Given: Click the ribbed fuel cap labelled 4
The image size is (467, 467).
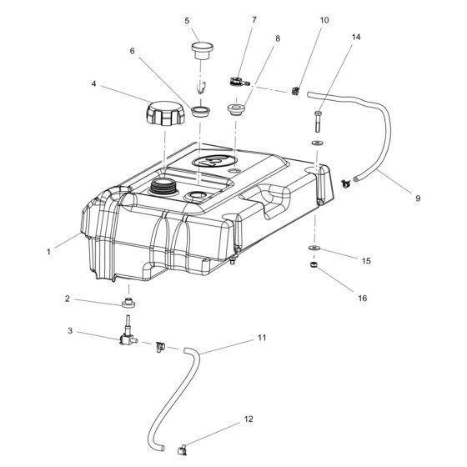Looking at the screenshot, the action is coord(165,113).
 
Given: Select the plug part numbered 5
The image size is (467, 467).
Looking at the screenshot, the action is coord(202,51).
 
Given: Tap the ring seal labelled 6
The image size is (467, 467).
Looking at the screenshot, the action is coord(201,111).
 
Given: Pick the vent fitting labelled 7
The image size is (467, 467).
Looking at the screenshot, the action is coord(240,82).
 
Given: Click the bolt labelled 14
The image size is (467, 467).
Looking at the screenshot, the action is coord(318,122).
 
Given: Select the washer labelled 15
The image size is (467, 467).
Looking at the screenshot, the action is coord(314,248).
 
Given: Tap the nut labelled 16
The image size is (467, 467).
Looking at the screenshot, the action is coord(314,264).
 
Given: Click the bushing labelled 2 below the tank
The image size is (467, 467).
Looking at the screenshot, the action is coord(128,303).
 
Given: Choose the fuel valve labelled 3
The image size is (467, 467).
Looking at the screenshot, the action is coord(128,333).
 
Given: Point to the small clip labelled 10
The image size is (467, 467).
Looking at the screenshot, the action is coord(295,91).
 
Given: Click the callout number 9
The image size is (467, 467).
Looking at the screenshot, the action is coord(418,198).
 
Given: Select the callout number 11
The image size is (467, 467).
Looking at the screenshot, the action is coord(262,338).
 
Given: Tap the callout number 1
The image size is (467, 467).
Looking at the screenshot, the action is coord(48,252).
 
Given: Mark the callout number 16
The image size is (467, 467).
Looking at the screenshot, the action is coord(362,299).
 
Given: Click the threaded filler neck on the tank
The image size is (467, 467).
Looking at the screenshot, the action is coord(163,187).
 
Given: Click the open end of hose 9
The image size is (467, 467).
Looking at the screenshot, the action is coord(355,179).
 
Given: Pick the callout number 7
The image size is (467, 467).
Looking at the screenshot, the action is coord(254,20).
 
